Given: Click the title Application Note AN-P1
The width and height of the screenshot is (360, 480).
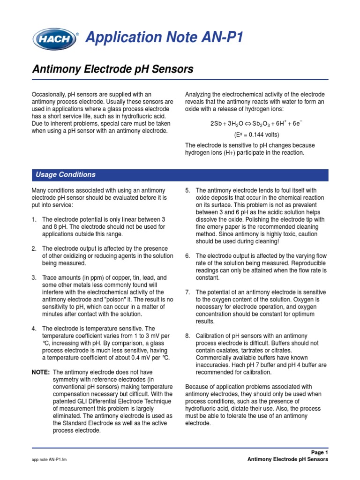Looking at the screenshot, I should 164,37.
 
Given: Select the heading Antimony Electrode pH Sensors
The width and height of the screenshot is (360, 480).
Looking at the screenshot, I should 112,69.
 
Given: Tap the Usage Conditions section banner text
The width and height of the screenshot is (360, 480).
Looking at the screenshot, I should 66,175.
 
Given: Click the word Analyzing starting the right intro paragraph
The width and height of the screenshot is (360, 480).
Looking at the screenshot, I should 199,94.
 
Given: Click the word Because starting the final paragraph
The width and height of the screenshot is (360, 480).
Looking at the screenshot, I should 197,387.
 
